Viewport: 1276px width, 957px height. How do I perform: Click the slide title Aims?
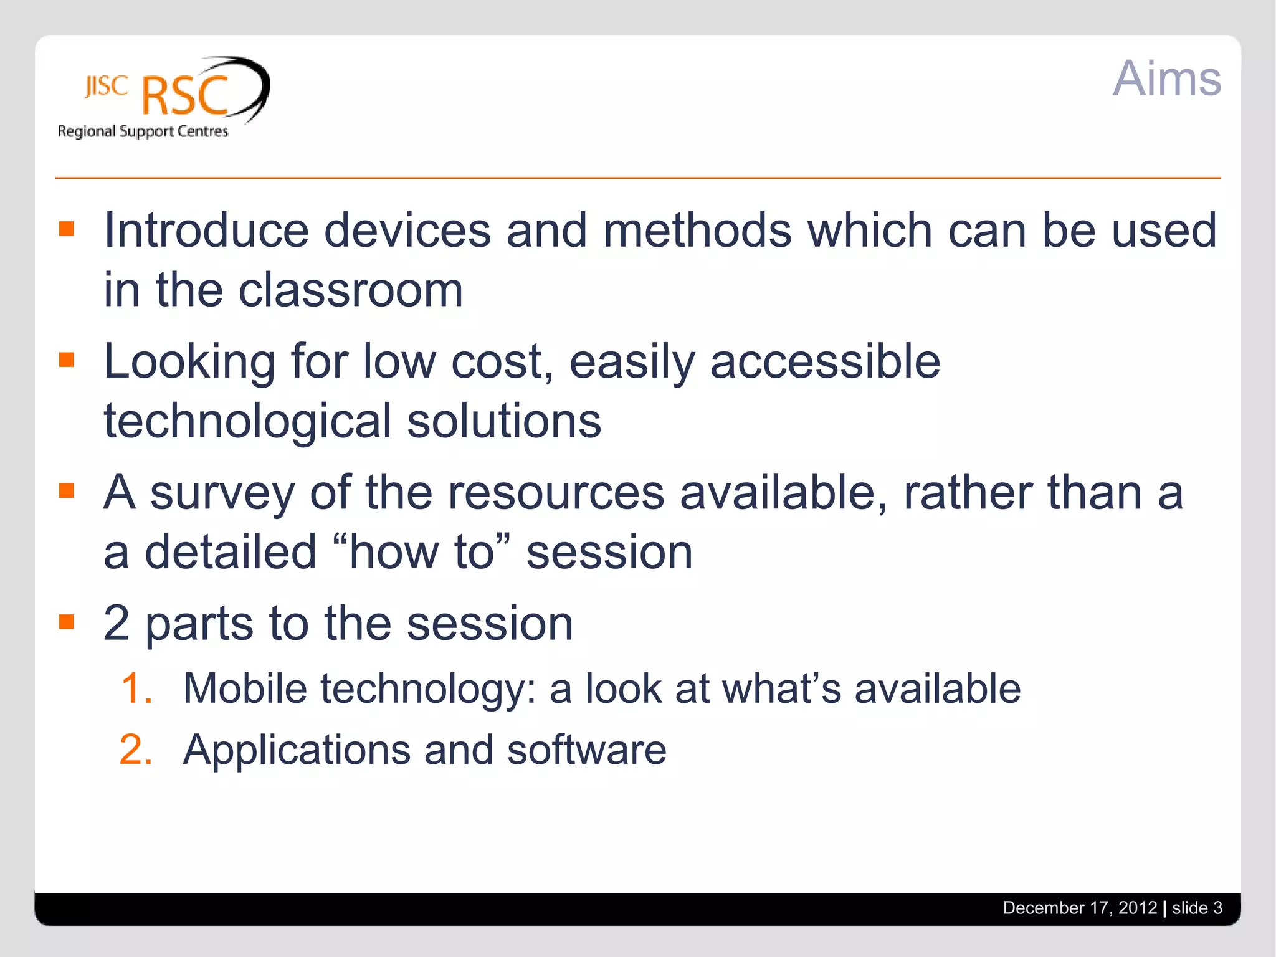point(1166,79)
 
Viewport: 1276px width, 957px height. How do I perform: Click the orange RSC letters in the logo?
point(185,96)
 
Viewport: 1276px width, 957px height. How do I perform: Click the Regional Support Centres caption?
point(143,131)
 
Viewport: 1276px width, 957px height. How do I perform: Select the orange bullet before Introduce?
point(67,229)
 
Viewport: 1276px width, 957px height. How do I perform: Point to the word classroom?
point(351,290)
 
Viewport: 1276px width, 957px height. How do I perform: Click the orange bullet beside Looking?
point(67,359)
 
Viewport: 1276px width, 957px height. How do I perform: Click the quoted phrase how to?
point(421,552)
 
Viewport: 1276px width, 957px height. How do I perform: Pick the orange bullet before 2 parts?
point(67,621)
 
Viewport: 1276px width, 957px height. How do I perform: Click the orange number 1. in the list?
point(136,689)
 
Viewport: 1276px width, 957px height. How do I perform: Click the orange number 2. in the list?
point(136,750)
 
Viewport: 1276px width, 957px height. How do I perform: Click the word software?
point(586,750)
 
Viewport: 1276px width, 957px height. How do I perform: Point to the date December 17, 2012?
point(1079,908)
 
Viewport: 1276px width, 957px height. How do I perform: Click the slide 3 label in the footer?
point(1197,908)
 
